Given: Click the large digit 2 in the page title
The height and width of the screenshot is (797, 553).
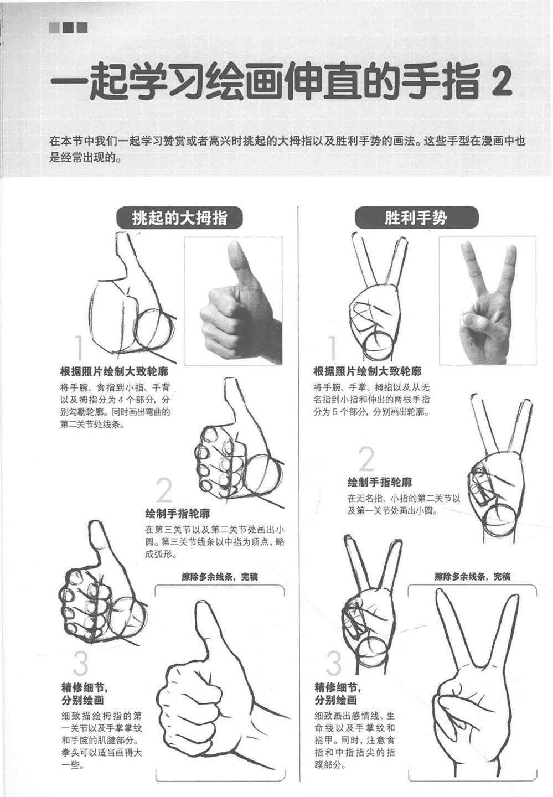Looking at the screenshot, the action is pyautogui.click(x=502, y=82).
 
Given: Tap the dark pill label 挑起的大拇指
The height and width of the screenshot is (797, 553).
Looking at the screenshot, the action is pyautogui.click(x=180, y=218).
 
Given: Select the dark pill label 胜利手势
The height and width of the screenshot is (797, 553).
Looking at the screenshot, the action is pyautogui.click(x=416, y=218).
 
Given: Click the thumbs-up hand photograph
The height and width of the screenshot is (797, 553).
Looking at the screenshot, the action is pyautogui.click(x=234, y=301).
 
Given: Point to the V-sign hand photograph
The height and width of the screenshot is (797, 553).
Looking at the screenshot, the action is pyautogui.click(x=488, y=301).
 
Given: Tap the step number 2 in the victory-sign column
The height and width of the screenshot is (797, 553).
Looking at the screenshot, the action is pyautogui.click(x=366, y=459).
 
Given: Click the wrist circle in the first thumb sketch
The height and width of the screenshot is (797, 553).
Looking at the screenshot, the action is pyautogui.click(x=154, y=329).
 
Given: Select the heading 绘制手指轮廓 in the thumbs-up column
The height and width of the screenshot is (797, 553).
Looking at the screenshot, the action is pyautogui.click(x=178, y=514).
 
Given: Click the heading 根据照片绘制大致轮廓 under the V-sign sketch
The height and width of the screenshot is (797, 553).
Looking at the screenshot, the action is pyautogui.click(x=367, y=372).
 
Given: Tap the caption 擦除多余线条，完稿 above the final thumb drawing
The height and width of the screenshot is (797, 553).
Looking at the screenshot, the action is pyautogui.click(x=219, y=577).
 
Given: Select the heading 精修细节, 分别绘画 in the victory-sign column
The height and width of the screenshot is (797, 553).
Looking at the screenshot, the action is pyautogui.click(x=337, y=694).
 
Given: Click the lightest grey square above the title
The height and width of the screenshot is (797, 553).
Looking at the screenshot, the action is pyautogui.click(x=54, y=28).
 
